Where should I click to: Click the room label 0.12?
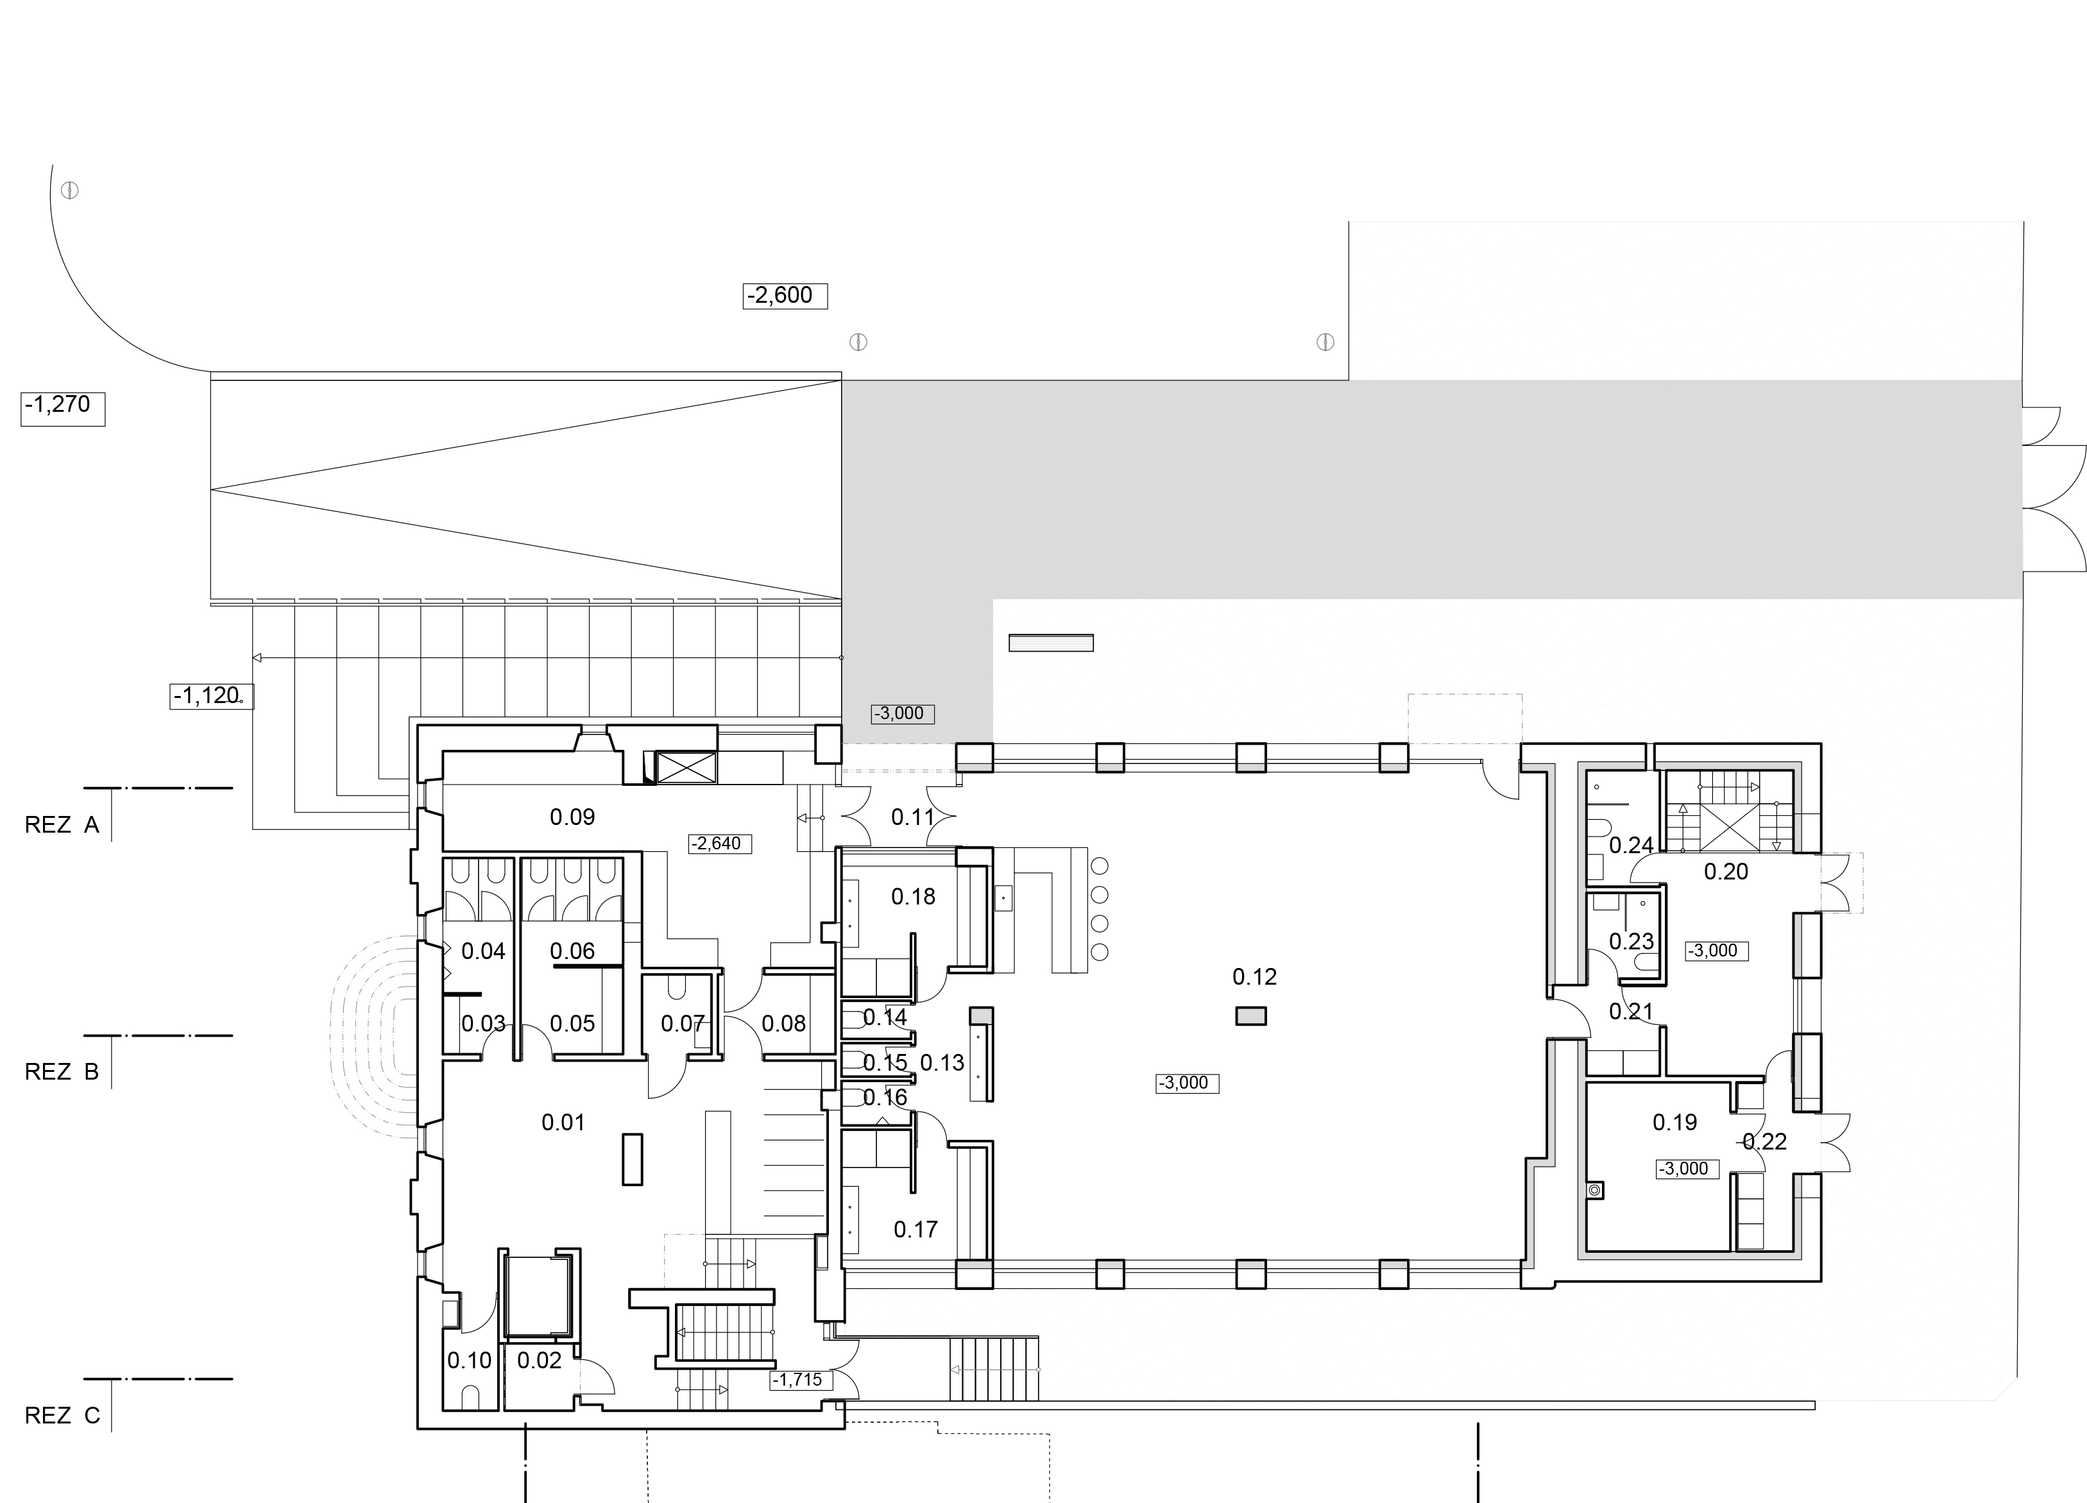tap(1254, 977)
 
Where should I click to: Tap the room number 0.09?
tap(572, 817)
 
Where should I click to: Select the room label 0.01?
tap(563, 1122)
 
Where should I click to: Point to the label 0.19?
tap(1674, 1122)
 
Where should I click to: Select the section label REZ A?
tap(62, 825)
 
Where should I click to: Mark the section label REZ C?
tap(62, 1416)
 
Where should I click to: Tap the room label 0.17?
tap(916, 1229)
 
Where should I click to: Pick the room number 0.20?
tap(1726, 872)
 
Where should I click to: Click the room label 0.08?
tap(784, 1023)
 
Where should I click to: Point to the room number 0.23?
tap(1631, 941)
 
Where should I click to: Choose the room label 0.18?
tap(914, 896)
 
